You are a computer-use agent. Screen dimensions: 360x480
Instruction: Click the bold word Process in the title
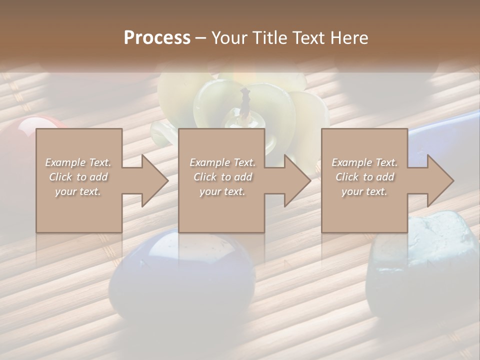tap(157, 38)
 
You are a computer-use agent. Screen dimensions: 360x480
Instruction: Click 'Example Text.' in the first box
tap(78, 162)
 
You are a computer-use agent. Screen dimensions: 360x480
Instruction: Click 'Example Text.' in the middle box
tap(222, 162)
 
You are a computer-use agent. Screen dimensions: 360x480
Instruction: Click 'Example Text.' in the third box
tap(364, 162)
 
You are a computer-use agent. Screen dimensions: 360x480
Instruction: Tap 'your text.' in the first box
tap(78, 191)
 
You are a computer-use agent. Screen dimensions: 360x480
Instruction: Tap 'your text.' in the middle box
tap(222, 191)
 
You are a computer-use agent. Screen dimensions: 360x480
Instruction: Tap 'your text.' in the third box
tap(364, 191)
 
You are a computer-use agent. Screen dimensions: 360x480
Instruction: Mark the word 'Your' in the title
tap(230, 38)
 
